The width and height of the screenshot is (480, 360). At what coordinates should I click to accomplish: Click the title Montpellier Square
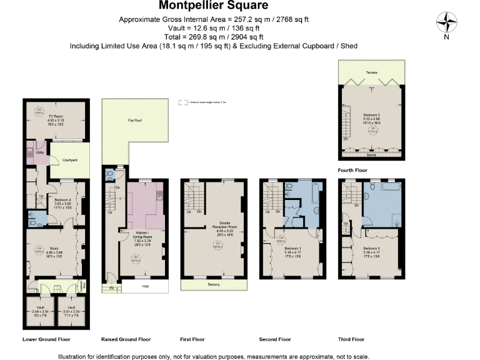[213, 6]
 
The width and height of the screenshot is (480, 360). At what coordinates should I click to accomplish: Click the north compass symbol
[446, 24]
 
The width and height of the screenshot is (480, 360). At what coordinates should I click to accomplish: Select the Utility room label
[38, 152]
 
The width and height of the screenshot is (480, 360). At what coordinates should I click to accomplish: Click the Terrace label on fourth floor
[371, 73]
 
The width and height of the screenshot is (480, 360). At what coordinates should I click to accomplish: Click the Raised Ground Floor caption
[126, 339]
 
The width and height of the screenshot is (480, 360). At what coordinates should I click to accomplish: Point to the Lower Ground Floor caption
[46, 339]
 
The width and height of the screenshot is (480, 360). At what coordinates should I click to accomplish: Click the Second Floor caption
[275, 339]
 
